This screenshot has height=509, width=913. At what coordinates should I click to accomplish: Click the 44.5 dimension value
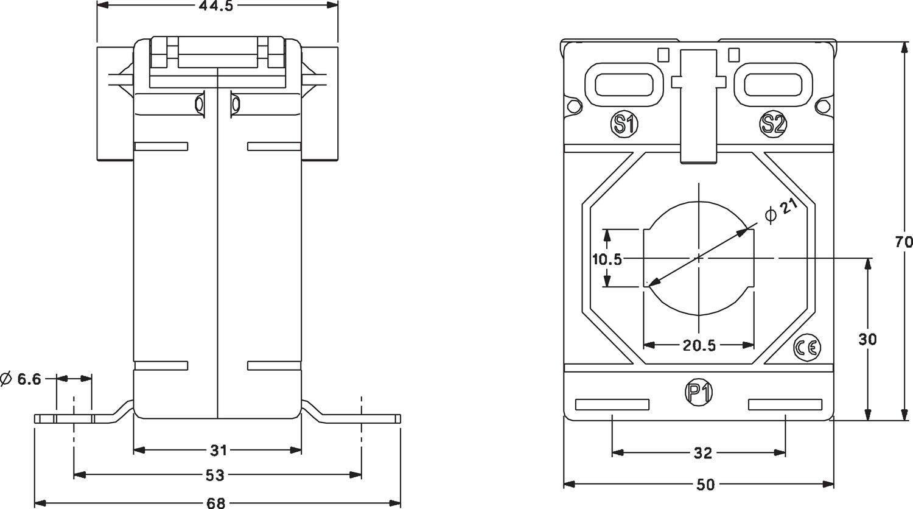click(217, 6)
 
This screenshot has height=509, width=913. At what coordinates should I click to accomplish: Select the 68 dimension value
click(217, 503)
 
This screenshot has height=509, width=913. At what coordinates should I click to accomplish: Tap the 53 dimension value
click(217, 474)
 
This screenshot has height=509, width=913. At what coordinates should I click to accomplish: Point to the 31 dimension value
click(218, 451)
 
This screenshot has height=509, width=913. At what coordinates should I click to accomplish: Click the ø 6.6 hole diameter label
click(22, 379)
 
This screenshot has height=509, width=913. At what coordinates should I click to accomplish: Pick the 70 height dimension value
click(904, 242)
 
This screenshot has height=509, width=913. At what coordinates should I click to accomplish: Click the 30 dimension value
click(868, 339)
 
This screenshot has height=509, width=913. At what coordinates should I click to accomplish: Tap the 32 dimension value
click(702, 453)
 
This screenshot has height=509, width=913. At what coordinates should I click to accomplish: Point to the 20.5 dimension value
click(698, 346)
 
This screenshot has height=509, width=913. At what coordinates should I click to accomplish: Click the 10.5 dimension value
click(607, 259)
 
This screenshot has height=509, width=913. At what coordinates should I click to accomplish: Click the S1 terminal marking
click(624, 124)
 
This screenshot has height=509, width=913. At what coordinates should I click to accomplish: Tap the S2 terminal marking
click(772, 124)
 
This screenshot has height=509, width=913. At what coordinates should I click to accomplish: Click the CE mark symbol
click(807, 347)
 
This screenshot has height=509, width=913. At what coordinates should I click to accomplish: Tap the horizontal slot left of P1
click(612, 405)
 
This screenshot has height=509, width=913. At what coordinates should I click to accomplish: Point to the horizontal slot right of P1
click(785, 405)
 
